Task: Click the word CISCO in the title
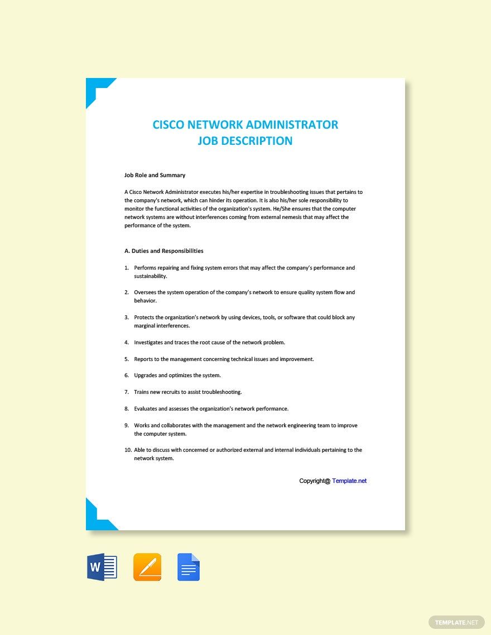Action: [x=169, y=125]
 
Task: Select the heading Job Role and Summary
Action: [x=155, y=175]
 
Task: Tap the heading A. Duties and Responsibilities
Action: [x=164, y=251]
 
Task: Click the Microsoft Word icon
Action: [x=102, y=568]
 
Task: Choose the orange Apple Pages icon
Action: [x=147, y=568]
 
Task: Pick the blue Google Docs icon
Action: [x=189, y=568]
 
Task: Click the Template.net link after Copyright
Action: [x=349, y=481]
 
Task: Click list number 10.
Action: [x=128, y=450]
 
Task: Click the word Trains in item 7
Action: [x=142, y=392]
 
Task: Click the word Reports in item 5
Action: [x=144, y=359]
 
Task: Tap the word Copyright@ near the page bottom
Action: [x=315, y=481]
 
